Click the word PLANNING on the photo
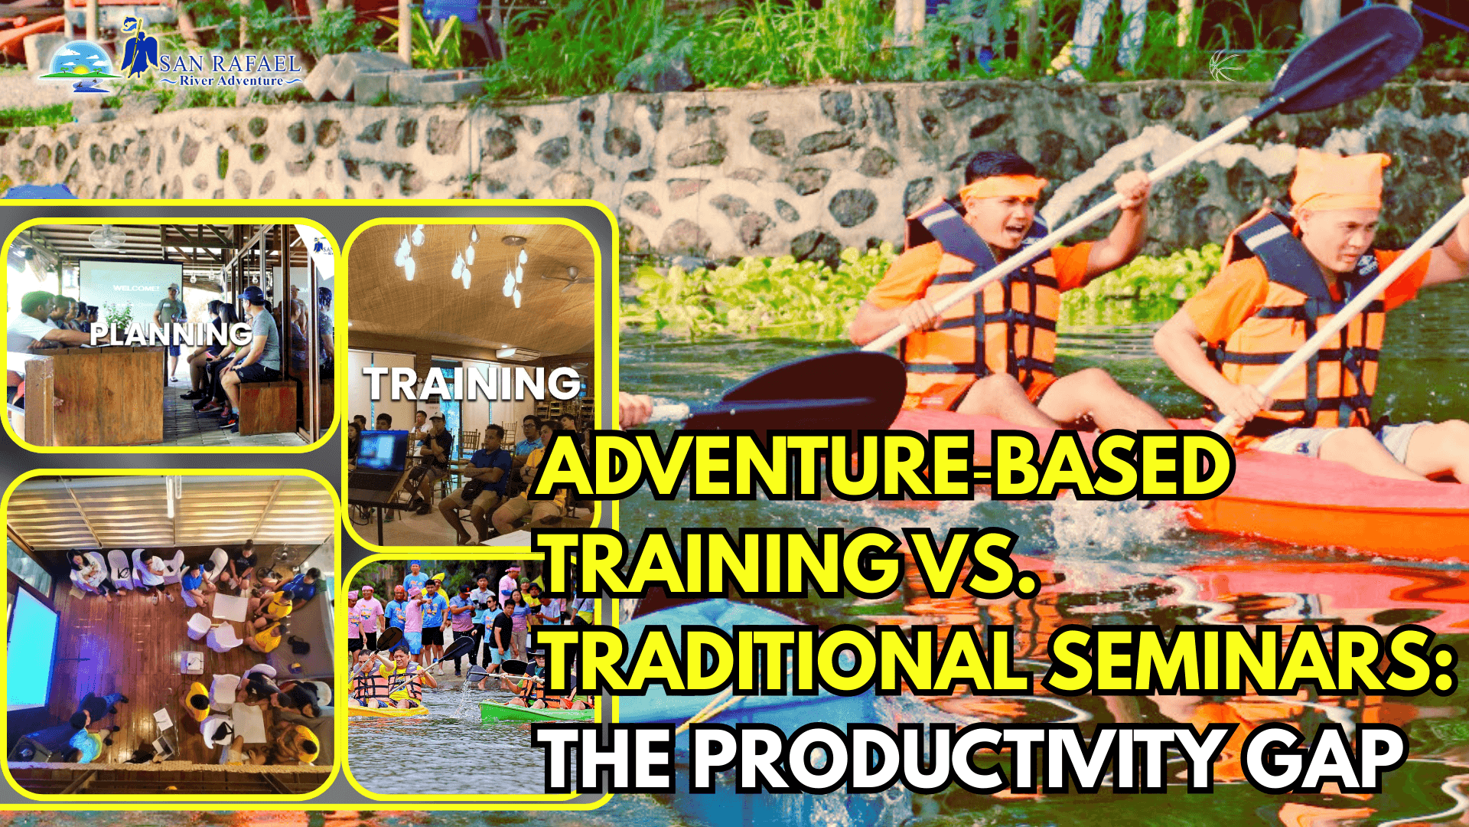point(171,334)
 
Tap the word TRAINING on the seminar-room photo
point(472,384)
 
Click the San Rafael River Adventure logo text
point(230,69)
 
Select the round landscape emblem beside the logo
point(82,64)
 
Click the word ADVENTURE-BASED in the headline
point(884,466)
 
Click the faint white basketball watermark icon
point(1226,67)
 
